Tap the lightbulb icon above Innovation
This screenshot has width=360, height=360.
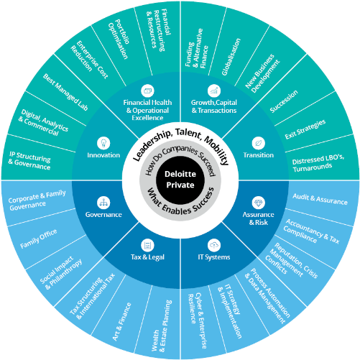[103, 142]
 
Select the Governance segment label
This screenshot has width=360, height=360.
[103, 215]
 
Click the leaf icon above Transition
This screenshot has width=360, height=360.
[257, 142]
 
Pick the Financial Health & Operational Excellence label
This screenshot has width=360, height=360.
[147, 107]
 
